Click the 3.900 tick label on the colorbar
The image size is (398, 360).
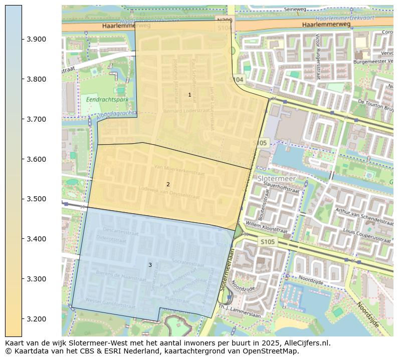pyautogui.click(x=37, y=39)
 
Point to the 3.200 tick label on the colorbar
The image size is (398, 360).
pyautogui.click(x=37, y=319)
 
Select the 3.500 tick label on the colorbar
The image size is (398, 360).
pyautogui.click(x=37, y=199)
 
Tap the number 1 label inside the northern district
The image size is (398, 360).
pyautogui.click(x=189, y=95)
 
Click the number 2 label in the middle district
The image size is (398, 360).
pyautogui.click(x=168, y=184)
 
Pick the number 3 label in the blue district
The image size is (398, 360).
pyautogui.click(x=149, y=265)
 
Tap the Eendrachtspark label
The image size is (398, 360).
pyautogui.click(x=107, y=100)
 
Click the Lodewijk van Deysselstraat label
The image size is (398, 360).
pyautogui.click(x=169, y=193)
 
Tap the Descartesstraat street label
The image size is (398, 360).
pyautogui.click(x=121, y=231)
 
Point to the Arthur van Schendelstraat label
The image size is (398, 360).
pyautogui.click(x=363, y=216)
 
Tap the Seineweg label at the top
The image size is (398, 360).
pyautogui.click(x=295, y=9)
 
